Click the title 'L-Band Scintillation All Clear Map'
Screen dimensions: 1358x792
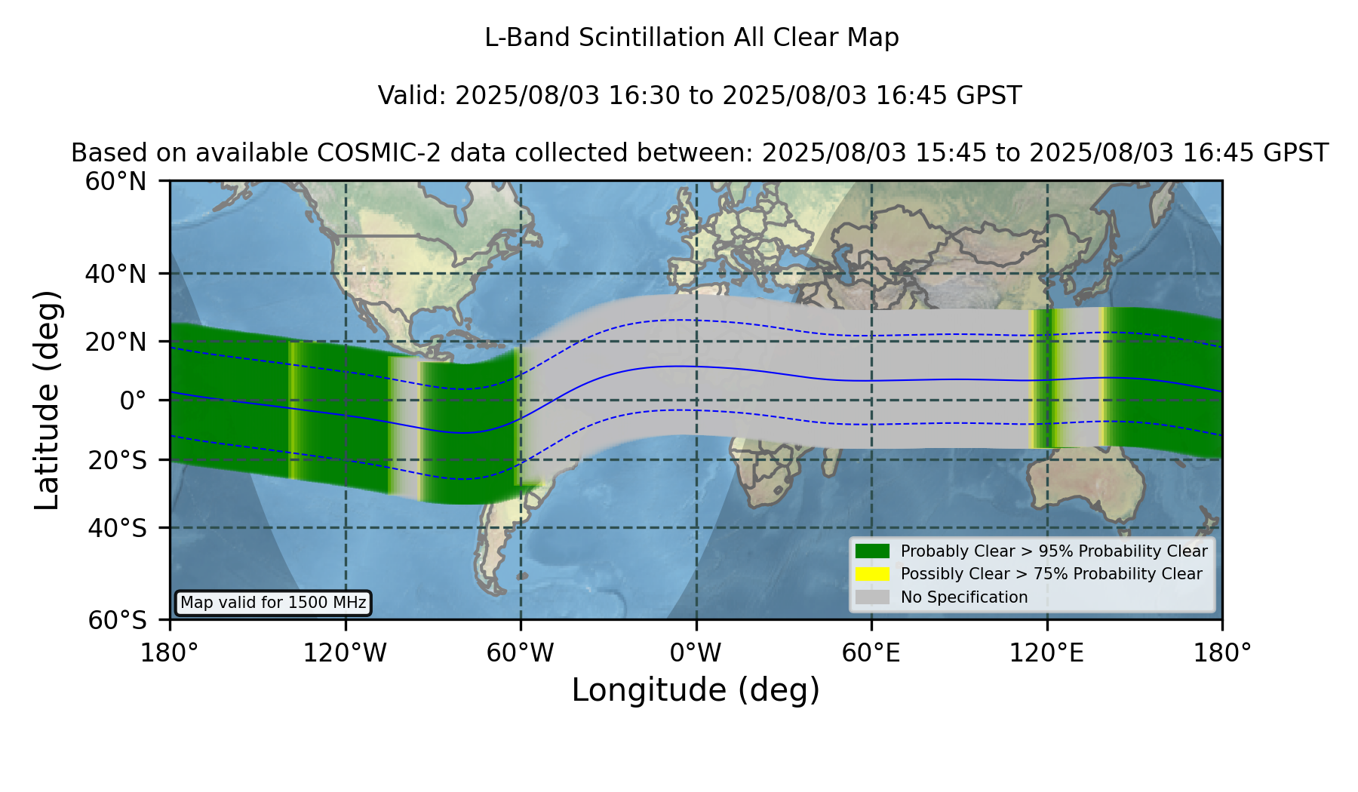point(692,38)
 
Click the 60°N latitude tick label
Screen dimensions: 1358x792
point(115,182)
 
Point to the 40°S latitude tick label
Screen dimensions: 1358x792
point(117,528)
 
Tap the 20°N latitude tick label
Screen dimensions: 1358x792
point(115,342)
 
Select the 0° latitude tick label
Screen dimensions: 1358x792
point(133,401)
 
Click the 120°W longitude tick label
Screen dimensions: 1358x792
point(345,652)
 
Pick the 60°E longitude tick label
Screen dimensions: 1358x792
point(871,652)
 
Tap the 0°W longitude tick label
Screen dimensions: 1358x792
point(696,652)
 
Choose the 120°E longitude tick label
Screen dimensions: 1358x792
point(1046,652)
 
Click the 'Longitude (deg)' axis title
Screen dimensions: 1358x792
point(696,690)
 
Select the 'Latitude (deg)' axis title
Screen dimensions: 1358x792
point(47,400)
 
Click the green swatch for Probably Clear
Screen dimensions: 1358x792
point(872,551)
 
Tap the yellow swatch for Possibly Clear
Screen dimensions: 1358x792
point(872,574)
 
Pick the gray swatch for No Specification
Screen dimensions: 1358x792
point(872,597)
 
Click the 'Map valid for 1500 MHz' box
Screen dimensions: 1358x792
point(273,603)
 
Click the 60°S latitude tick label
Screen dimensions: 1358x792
point(117,620)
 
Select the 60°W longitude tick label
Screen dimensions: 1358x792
point(521,652)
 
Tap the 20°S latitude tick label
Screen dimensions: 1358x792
point(117,460)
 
